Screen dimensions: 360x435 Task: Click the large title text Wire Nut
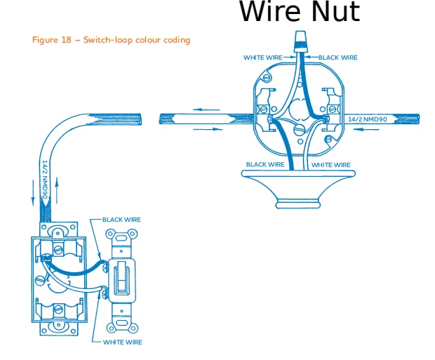tap(300, 12)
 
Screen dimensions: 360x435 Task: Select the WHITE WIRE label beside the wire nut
tap(263, 58)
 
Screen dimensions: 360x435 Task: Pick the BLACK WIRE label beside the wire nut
tap(338, 58)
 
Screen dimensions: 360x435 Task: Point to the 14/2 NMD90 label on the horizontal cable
tap(368, 119)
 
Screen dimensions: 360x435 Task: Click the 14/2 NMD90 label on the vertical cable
tap(44, 181)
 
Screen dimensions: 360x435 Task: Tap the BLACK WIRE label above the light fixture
tap(265, 164)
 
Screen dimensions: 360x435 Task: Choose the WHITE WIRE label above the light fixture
tap(330, 164)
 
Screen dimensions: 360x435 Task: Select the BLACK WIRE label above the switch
tap(121, 220)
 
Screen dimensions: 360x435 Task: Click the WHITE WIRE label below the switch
tap(122, 342)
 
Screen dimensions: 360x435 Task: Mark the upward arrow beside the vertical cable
tap(57, 189)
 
